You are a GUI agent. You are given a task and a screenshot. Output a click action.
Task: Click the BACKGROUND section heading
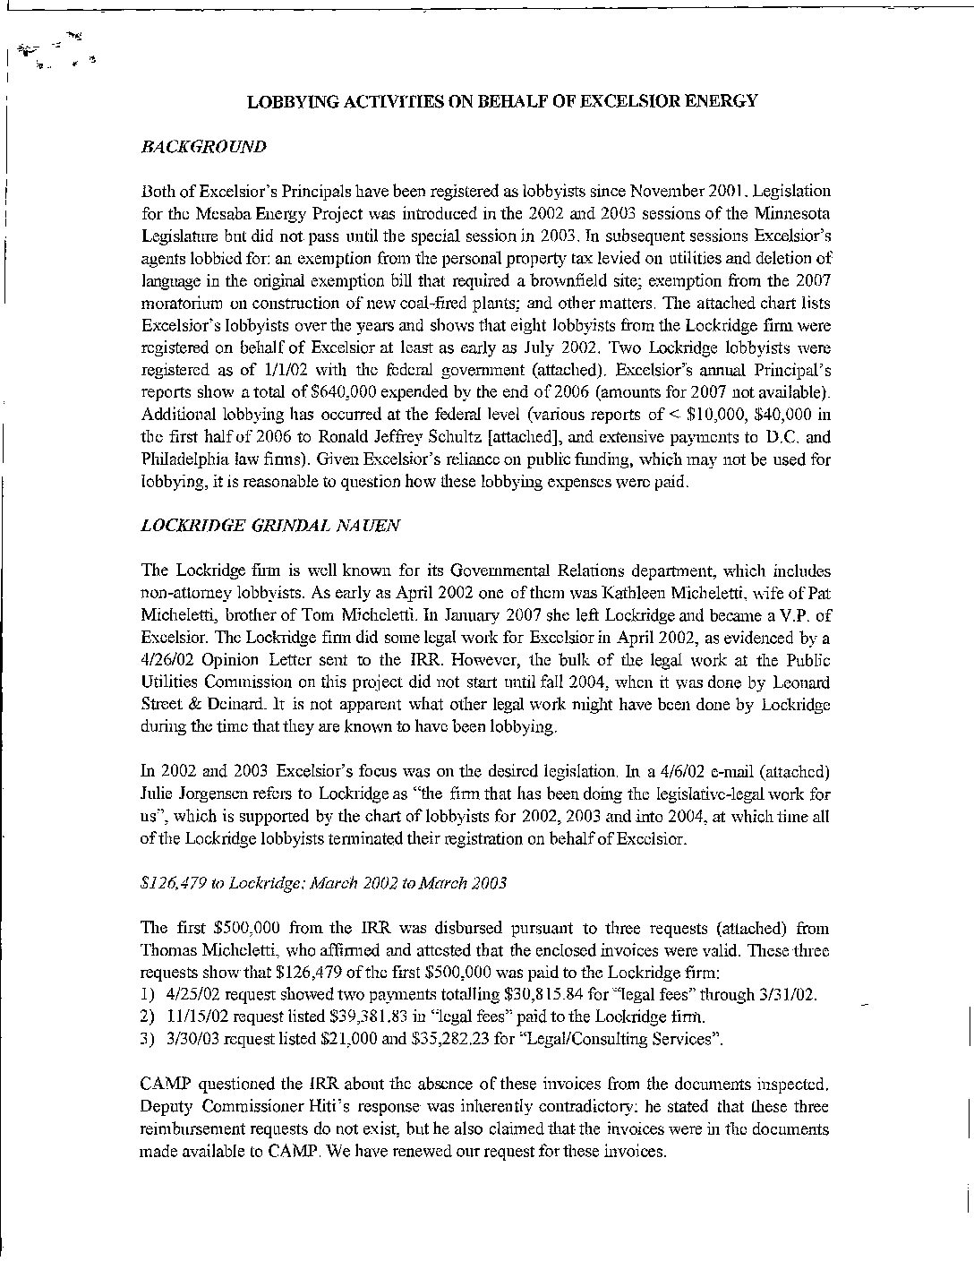point(203,147)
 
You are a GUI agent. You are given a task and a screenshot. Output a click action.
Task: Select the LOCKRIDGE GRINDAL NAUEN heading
point(270,527)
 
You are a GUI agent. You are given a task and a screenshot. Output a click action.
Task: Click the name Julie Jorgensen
point(184,794)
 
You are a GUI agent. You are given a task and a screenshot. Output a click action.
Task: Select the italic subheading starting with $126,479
point(324,883)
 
